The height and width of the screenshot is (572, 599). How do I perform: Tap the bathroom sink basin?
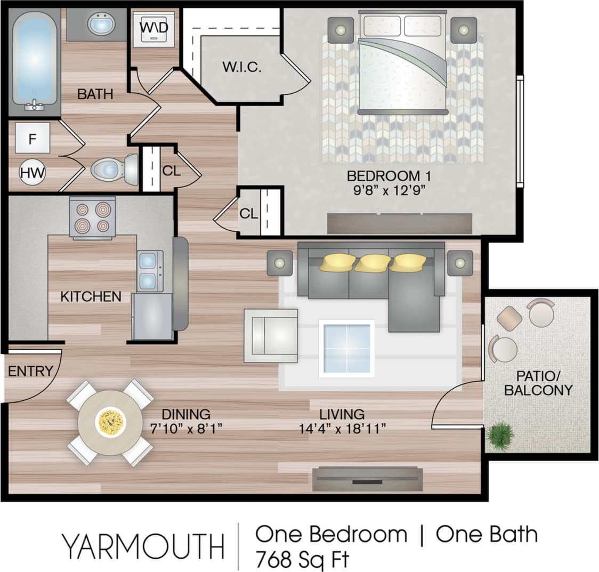pos(101,25)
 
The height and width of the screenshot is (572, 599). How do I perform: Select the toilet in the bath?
pos(112,170)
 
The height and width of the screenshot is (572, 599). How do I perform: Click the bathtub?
pos(35,60)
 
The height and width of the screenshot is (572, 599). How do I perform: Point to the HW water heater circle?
pos(33,173)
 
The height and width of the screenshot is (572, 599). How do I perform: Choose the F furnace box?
pos(32,139)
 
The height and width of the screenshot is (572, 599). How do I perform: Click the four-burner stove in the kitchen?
pos(92,217)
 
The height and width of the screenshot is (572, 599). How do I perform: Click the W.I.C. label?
pos(241,68)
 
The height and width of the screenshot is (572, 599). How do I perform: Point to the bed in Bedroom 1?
pos(402,64)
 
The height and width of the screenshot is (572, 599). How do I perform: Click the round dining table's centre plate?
pos(110,422)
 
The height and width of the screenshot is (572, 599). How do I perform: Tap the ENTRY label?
pos(30,371)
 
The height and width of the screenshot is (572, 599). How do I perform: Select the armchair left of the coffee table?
pos(271,336)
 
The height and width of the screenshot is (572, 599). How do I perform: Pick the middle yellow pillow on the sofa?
pos(373,263)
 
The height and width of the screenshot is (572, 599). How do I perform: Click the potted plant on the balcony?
pos(500,436)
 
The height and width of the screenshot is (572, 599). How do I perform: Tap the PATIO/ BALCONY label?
pos(538,383)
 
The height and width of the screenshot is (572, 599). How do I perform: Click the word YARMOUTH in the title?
pos(142,546)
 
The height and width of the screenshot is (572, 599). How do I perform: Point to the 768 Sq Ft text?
pos(302,560)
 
